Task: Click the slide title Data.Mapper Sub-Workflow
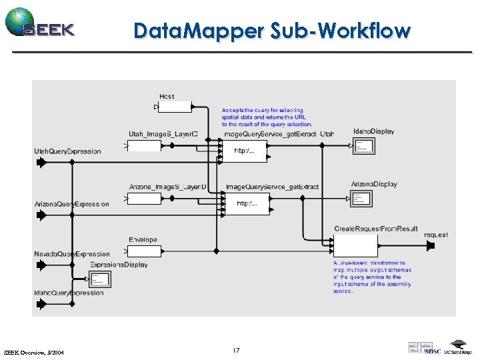click(x=272, y=31)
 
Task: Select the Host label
click(x=167, y=97)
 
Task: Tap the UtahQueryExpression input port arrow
click(x=41, y=163)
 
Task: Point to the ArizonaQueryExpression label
click(x=71, y=203)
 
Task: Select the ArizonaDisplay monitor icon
click(x=361, y=198)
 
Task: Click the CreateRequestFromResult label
click(x=376, y=229)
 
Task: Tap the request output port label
click(x=436, y=235)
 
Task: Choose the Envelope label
click(x=143, y=239)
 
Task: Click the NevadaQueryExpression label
click(x=72, y=254)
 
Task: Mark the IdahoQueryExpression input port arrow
click(x=41, y=304)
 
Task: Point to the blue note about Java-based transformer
click(x=372, y=277)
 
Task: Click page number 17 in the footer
click(x=236, y=350)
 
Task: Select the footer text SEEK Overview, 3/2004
click(x=34, y=352)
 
